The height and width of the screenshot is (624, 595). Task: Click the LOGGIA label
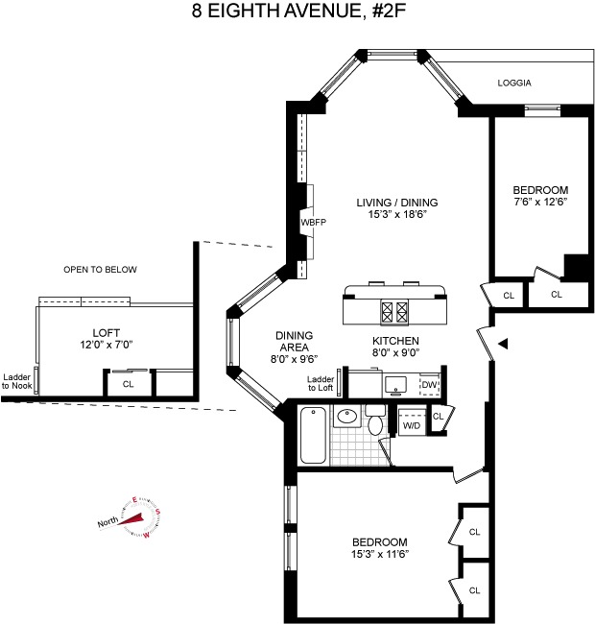tap(514, 83)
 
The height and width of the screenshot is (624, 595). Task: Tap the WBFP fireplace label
tap(314, 222)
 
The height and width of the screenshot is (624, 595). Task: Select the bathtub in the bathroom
tap(314, 435)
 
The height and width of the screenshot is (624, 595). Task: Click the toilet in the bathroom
tap(375, 420)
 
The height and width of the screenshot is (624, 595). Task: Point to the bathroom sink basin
tap(347, 417)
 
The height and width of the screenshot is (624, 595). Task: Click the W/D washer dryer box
tap(412, 421)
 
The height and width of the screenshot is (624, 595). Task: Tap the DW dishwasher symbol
tap(430, 385)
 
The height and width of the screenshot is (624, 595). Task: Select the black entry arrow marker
tap(503, 344)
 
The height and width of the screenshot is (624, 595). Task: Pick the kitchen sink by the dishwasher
tap(395, 385)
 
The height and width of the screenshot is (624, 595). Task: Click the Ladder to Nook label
tap(16, 381)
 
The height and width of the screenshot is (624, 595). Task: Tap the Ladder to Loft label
tap(321, 383)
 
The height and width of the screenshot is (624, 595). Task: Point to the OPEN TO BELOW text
tap(100, 270)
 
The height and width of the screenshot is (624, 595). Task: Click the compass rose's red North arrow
tap(131, 519)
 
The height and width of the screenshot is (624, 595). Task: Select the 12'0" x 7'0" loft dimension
tap(107, 345)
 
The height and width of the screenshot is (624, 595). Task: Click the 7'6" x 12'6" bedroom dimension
tap(540, 202)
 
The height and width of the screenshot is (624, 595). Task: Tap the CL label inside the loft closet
tap(128, 384)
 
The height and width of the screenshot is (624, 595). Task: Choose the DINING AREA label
tap(294, 341)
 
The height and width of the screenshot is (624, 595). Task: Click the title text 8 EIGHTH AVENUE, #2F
tap(298, 12)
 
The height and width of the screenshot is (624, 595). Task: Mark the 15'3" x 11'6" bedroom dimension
tap(380, 554)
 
